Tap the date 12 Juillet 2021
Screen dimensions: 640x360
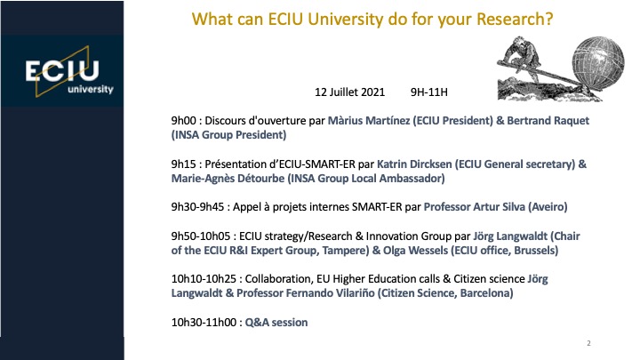350,92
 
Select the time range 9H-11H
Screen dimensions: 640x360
429,92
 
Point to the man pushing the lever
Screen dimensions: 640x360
520,56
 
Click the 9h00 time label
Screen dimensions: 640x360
184,121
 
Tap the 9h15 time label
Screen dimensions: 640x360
184,164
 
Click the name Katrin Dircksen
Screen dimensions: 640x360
414,164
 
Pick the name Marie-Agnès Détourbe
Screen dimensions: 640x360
228,179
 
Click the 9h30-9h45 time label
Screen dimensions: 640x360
197,207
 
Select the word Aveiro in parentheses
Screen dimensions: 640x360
548,207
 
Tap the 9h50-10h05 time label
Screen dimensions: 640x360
201,236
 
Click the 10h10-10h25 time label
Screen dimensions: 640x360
204,279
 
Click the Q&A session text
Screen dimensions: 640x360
276,323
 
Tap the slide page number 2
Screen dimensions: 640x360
588,343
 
